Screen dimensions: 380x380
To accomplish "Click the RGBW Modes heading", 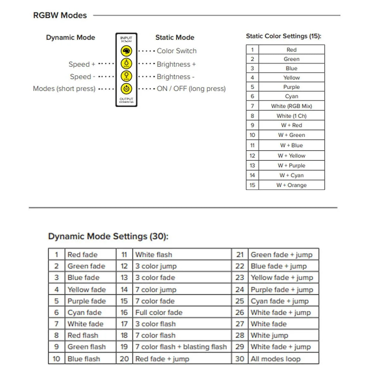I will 60,15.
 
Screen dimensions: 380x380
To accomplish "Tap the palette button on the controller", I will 126,51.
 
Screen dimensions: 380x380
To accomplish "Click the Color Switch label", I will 176,51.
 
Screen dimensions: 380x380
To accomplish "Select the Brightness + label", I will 176,64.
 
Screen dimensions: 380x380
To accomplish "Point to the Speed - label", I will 82,77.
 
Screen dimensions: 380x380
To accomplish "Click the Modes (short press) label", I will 64,89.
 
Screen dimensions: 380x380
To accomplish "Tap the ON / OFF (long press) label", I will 191,89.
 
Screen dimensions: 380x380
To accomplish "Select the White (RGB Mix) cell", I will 291,106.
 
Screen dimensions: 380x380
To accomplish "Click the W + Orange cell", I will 291,185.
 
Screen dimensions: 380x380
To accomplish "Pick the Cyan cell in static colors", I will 291,96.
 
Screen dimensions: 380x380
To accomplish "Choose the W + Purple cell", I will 291,166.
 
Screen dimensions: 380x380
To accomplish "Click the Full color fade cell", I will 159,313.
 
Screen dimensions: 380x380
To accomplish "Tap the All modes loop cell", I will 275,359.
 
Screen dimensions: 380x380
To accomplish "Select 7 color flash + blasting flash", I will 181,347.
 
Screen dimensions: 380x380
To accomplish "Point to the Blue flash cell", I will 84,359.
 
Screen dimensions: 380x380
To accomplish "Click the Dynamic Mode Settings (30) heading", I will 108,236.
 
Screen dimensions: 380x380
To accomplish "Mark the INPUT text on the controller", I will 126,38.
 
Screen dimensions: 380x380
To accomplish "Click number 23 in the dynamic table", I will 240,278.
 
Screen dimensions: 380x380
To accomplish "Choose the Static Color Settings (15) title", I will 283,36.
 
